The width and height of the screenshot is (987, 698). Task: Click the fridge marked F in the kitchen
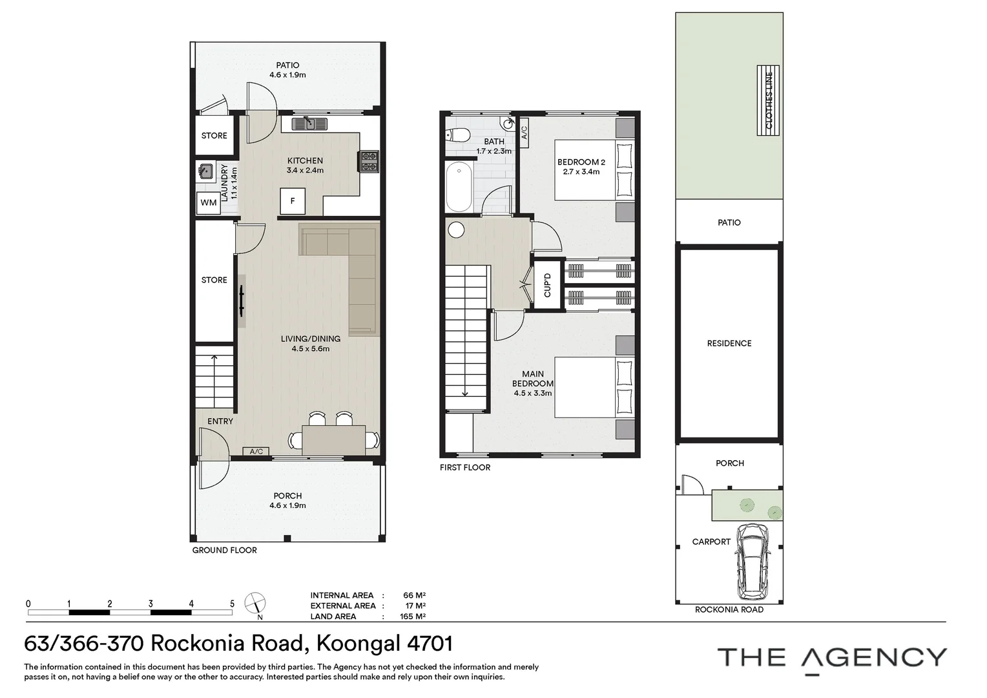point(293,201)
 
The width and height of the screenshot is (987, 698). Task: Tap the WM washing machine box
point(209,203)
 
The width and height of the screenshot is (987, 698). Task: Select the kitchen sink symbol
point(310,123)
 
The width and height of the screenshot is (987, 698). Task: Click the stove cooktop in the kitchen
point(369,162)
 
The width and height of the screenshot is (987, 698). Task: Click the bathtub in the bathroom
point(459,187)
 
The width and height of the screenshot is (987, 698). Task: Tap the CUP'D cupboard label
point(548,285)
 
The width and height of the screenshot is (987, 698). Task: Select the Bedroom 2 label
point(581,162)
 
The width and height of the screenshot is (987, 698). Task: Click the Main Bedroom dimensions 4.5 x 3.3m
point(533,393)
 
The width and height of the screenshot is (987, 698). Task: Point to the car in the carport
point(754,562)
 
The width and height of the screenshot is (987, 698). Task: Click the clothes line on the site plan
point(768,101)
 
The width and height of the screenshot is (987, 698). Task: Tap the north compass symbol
point(255,603)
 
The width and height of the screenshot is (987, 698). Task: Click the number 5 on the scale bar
point(232,604)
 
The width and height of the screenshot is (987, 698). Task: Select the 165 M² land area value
point(413,616)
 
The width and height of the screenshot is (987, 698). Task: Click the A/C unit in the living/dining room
point(256,452)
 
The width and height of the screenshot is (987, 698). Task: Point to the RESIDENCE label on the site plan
point(729,343)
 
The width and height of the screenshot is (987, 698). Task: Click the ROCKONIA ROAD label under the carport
point(729,609)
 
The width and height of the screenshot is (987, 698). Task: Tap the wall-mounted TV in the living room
point(242,301)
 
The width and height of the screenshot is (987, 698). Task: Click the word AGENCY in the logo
point(874,657)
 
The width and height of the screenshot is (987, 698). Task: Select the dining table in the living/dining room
point(333,440)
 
